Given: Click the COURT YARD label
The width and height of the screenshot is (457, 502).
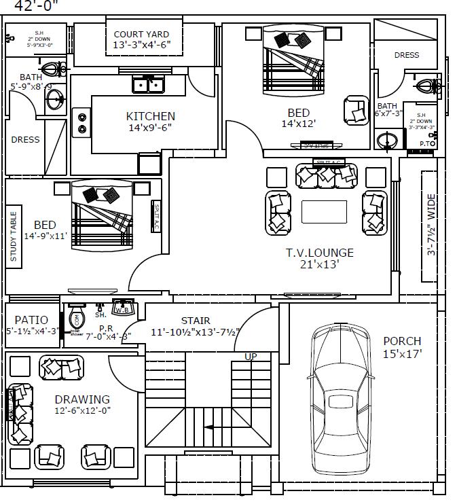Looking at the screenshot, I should [x=141, y=34].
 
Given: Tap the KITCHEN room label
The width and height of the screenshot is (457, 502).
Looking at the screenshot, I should [x=150, y=116].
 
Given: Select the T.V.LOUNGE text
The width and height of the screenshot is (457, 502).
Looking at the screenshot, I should [x=319, y=253].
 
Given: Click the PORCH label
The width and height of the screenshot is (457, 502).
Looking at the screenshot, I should [x=402, y=341].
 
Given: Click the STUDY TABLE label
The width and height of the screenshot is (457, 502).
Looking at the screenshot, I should [x=14, y=237].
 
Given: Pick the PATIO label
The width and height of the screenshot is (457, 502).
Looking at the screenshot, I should [x=31, y=320].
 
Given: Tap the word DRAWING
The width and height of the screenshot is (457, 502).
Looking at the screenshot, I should [x=82, y=399].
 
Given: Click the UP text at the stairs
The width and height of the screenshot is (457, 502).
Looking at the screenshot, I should [x=251, y=356].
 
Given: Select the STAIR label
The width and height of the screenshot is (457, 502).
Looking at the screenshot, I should [x=195, y=321].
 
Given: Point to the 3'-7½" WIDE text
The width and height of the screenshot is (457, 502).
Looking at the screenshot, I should [x=430, y=226].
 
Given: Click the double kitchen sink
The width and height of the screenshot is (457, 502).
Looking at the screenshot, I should [x=149, y=85].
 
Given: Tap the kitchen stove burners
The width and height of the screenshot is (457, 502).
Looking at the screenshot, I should [x=82, y=122].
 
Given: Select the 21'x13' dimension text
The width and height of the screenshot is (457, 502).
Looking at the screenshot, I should [x=319, y=264].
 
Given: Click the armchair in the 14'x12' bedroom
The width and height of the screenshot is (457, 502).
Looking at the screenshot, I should [x=355, y=109].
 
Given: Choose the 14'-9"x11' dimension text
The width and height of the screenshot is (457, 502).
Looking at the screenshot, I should [x=45, y=236].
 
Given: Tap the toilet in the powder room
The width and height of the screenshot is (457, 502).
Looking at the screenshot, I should [x=75, y=319].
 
